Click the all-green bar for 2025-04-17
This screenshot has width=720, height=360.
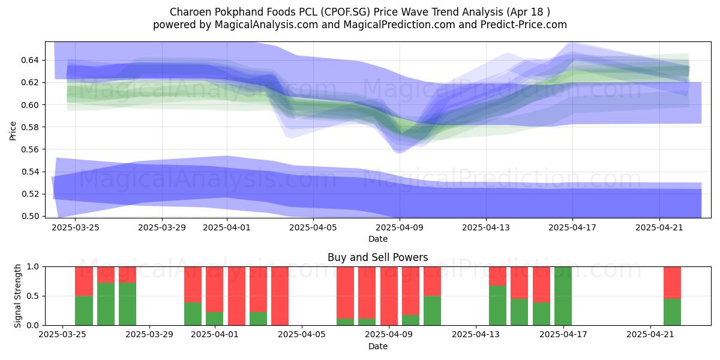pyautogui.click(x=563, y=296)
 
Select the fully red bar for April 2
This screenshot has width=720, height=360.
pyautogui.click(x=236, y=296)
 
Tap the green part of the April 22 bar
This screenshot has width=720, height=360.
pyautogui.click(x=672, y=312)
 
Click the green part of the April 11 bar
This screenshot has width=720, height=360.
pyautogui.click(x=433, y=310)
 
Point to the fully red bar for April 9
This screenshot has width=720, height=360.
pyautogui.click(x=389, y=296)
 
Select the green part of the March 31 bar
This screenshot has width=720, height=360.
pyautogui.click(x=193, y=314)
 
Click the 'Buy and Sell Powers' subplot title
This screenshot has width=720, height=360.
pyautogui.click(x=377, y=257)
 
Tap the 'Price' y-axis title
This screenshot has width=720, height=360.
pyautogui.click(x=13, y=131)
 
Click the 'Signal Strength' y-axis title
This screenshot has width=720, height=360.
pyautogui.click(x=17, y=296)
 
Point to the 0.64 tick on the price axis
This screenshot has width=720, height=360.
pyautogui.click(x=30, y=60)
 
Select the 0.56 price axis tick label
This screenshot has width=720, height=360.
pyautogui.click(x=30, y=149)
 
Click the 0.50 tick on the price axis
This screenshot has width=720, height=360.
pyautogui.click(x=30, y=216)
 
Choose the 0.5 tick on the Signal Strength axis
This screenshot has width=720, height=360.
pyautogui.click(x=33, y=296)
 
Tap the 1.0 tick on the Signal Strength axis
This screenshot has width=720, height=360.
pyautogui.click(x=33, y=266)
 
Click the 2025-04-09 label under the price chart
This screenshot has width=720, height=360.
pyautogui.click(x=400, y=227)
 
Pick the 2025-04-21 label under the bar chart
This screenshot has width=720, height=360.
pyautogui.click(x=650, y=334)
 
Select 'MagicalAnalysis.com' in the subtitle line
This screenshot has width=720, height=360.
pyautogui.click(x=266, y=25)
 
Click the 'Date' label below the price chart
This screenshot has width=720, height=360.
pyautogui.click(x=377, y=239)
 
